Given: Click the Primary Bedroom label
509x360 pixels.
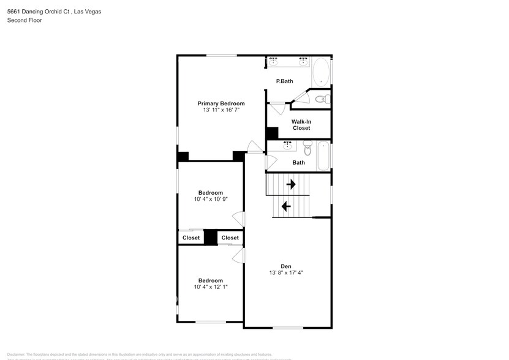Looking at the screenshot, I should pyautogui.click(x=221, y=103).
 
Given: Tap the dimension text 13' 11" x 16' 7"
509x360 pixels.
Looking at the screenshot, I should pyautogui.click(x=221, y=110).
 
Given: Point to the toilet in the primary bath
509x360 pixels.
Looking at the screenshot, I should pyautogui.click(x=320, y=99).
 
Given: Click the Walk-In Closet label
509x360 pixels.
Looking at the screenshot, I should pyautogui.click(x=301, y=124).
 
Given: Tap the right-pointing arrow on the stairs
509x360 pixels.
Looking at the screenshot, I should pyautogui.click(x=291, y=184).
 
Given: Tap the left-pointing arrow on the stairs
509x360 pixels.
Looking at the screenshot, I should pyautogui.click(x=285, y=206).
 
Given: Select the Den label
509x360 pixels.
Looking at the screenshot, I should pyautogui.click(x=286, y=266).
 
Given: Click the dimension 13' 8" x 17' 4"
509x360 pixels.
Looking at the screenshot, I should pyautogui.click(x=286, y=272).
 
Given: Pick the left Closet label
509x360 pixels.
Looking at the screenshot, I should pyautogui.click(x=191, y=238).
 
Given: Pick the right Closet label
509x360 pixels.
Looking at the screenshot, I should pyautogui.click(x=230, y=238).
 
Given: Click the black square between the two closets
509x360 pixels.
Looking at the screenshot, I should pyautogui.click(x=211, y=237).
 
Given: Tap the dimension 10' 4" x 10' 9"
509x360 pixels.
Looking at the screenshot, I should pyautogui.click(x=211, y=199).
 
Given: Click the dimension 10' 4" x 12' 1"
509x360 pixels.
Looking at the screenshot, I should pyautogui.click(x=211, y=287).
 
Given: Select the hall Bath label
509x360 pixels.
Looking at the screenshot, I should pyautogui.click(x=298, y=162).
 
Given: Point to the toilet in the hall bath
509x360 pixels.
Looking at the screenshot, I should pyautogui.click(x=307, y=149).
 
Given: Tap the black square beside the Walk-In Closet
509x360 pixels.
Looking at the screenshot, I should pyautogui.click(x=272, y=133).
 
